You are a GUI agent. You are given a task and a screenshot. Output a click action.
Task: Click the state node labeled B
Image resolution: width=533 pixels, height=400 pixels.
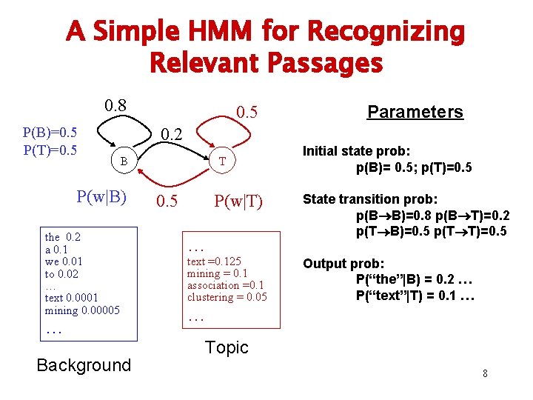[125, 161]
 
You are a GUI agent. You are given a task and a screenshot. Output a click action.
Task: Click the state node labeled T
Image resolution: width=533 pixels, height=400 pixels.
[221, 161]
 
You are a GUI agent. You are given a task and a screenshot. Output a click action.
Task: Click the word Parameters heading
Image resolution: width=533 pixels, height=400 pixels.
[415, 112]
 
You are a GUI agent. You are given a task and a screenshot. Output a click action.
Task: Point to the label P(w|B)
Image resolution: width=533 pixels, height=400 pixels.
[102, 197]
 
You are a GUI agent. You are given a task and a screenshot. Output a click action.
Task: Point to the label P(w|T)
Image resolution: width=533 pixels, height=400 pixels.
[238, 201]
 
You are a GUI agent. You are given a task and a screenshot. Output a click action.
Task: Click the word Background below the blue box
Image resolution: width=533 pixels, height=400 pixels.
[83, 364]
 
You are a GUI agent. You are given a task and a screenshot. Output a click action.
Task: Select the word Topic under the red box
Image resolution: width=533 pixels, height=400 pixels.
[227, 347]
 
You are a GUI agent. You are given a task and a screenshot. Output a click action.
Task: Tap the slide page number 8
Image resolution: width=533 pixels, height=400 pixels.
[485, 373]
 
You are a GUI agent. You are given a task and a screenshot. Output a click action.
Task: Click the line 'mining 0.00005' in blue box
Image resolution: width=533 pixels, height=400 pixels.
[82, 310]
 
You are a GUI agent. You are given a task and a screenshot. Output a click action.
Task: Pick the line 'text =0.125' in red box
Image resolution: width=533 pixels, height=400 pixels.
[214, 261]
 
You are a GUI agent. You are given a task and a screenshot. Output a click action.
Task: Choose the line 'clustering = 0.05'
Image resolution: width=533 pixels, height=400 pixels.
[227, 297]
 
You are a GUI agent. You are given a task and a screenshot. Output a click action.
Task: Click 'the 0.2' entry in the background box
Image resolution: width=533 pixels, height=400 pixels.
[63, 237]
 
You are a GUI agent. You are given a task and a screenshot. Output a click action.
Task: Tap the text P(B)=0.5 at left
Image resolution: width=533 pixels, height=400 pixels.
[50, 133]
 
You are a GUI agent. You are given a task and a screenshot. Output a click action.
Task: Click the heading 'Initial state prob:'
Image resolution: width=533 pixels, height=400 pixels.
[355, 151]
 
